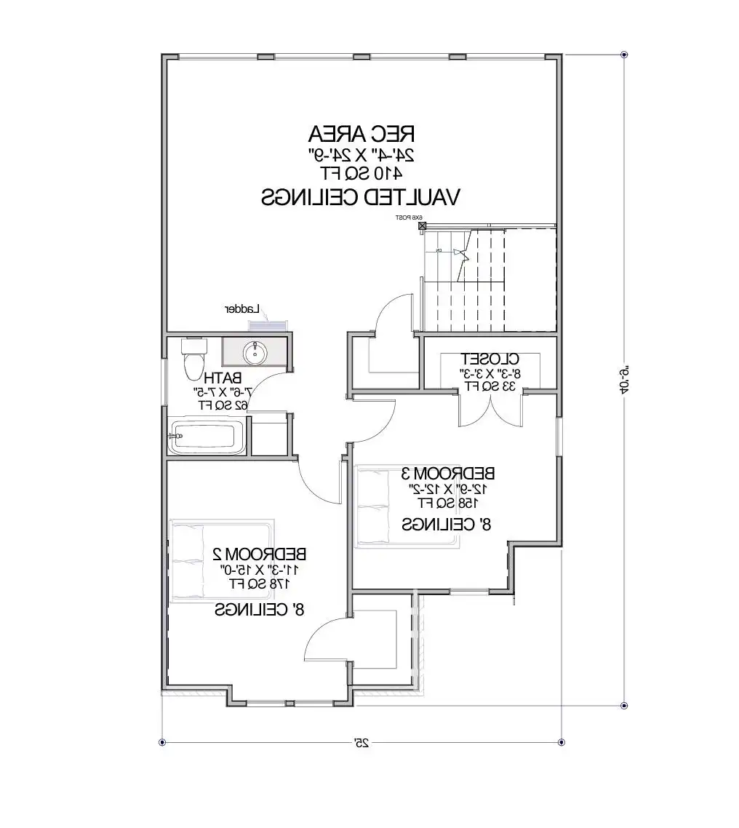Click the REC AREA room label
[361, 134]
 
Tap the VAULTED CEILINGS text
[361, 196]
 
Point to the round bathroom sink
[255, 354]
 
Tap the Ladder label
[242, 308]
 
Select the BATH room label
[223, 378]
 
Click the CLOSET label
[490, 359]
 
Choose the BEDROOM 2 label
[260, 553]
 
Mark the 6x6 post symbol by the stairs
[422, 226]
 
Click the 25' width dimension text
[361, 742]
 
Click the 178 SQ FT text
[260, 584]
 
